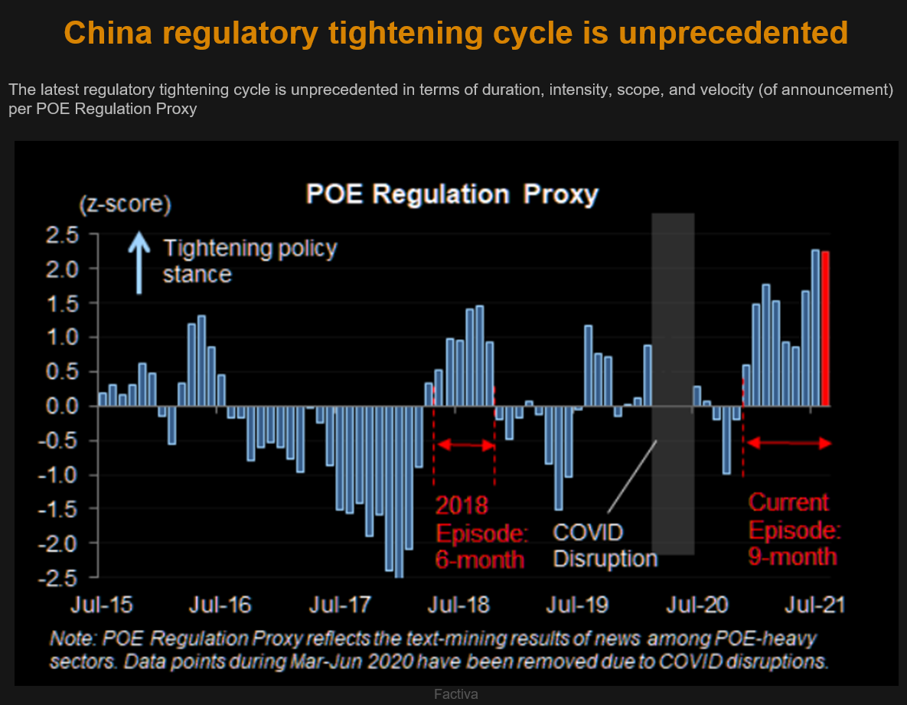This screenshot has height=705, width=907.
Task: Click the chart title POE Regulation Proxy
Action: (452, 194)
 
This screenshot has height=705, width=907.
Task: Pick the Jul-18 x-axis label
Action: (456, 605)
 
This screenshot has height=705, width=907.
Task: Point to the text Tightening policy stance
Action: (250, 260)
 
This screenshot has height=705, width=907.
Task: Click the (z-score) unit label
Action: (125, 205)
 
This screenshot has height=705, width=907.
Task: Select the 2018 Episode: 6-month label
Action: (481, 532)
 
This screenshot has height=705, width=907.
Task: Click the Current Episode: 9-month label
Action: (794, 529)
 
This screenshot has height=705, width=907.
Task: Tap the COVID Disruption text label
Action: (604, 544)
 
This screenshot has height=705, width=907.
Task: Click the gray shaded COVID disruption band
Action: (673, 383)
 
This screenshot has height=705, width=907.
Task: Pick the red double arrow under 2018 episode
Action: (465, 445)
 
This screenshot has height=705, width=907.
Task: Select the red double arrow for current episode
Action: (788, 443)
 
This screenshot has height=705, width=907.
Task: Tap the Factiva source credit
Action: (456, 694)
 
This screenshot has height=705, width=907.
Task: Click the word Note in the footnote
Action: (70, 638)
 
